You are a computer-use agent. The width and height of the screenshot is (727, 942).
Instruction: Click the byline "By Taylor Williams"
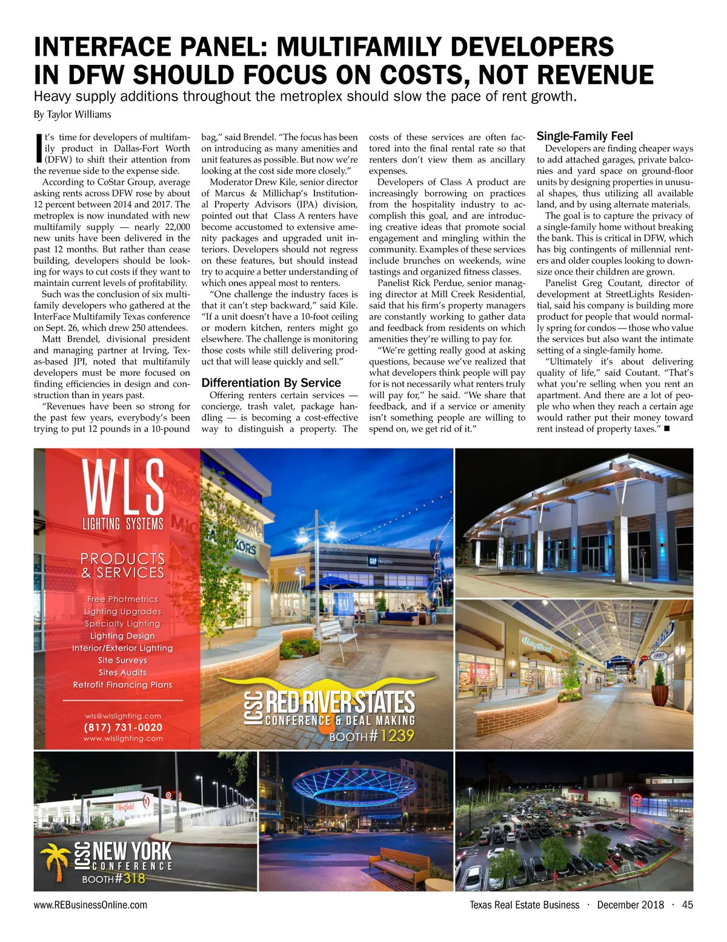click(x=72, y=115)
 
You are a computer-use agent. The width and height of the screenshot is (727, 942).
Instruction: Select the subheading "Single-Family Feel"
click(x=585, y=136)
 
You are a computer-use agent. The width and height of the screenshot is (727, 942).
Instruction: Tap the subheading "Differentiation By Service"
click(x=271, y=383)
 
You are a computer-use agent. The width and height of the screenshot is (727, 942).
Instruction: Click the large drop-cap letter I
click(x=38, y=148)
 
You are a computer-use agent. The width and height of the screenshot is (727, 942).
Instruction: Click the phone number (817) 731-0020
click(x=123, y=727)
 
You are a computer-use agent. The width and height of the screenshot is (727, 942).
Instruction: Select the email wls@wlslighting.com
click(x=123, y=716)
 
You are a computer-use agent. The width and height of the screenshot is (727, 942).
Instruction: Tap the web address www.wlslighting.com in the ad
click(x=123, y=738)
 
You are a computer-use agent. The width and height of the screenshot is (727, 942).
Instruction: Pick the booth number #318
click(x=130, y=878)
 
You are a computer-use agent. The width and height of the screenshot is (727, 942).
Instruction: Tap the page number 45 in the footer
click(x=687, y=905)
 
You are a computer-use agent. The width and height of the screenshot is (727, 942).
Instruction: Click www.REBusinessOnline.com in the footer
click(x=90, y=905)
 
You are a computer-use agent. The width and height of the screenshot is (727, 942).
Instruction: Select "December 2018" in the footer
click(x=630, y=905)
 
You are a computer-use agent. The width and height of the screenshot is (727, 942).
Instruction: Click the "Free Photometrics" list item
click(x=122, y=599)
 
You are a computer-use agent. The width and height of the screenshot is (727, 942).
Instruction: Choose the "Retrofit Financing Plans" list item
click(x=122, y=685)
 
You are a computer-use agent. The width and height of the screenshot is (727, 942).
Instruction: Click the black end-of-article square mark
click(x=666, y=429)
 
